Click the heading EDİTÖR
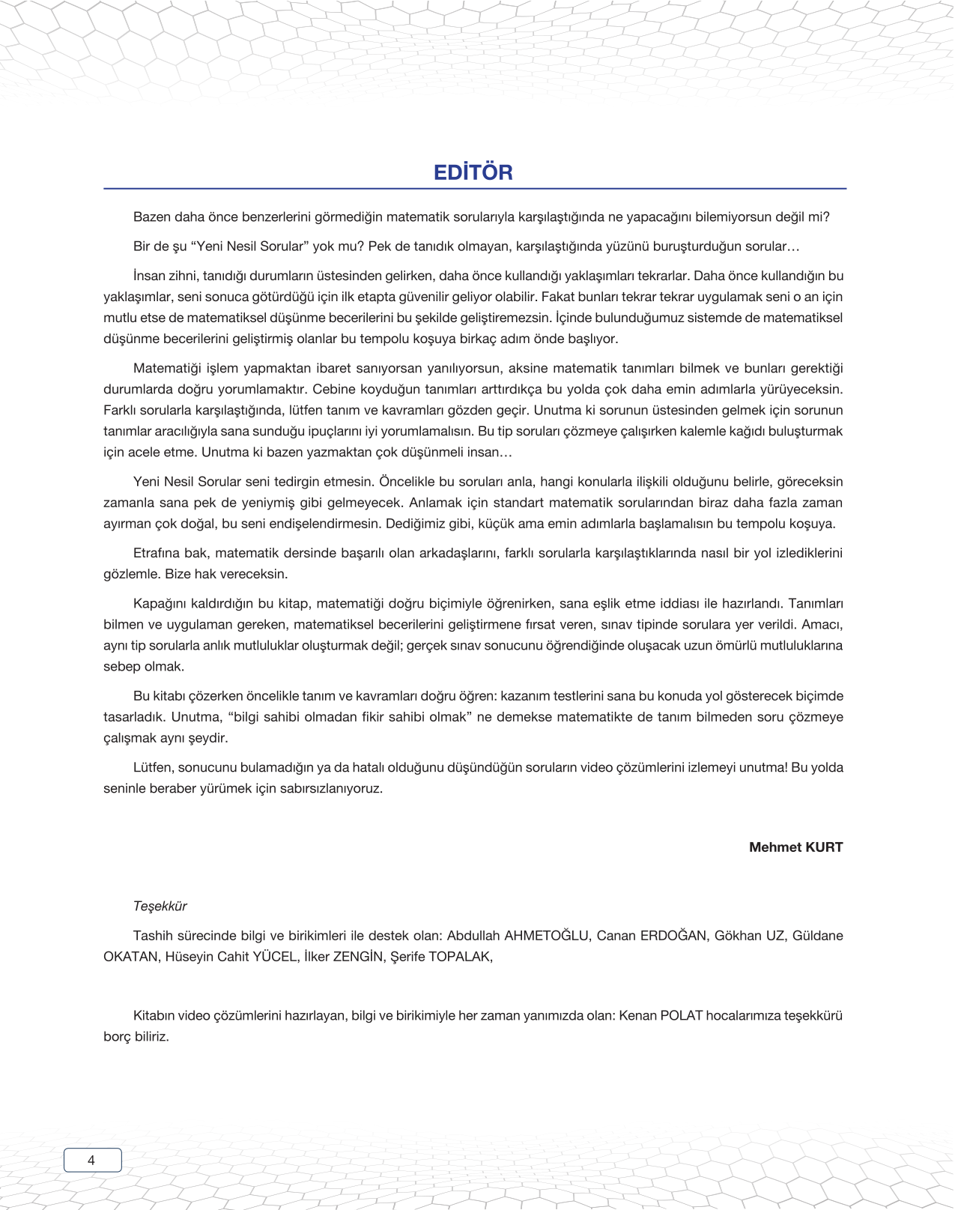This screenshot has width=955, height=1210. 473,172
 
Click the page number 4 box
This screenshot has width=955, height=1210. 92,1160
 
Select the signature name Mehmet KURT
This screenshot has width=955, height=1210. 795,847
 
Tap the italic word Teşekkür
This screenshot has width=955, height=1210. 160,907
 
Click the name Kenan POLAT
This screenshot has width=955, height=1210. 661,1016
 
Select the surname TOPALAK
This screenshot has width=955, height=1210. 460,957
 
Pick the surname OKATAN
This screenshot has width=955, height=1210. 131,957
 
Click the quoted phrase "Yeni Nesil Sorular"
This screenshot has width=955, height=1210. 250,246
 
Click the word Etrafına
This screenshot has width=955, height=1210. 157,554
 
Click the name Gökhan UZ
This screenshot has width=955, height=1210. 749,936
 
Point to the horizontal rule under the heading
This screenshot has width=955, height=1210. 475,189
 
